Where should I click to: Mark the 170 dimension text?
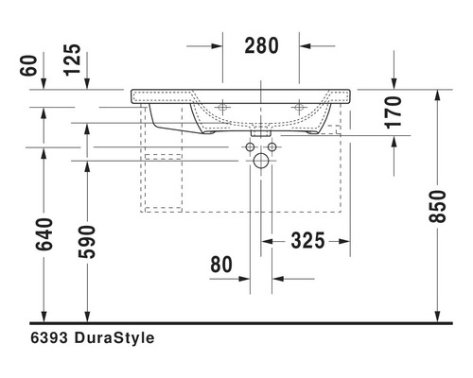point(393,112)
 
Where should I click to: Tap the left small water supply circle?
point(251,147)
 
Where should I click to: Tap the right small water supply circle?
point(272,147)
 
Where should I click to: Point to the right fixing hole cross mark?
point(299,107)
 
